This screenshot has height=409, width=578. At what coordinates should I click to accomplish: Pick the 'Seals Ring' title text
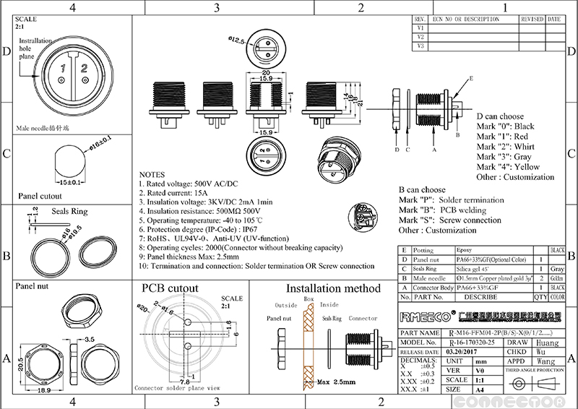click(x=69, y=212)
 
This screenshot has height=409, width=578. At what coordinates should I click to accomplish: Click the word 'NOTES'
click(x=152, y=175)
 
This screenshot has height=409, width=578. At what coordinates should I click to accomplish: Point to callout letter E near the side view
click(x=470, y=78)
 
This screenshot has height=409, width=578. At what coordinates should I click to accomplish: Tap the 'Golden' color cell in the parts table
click(x=556, y=277)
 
